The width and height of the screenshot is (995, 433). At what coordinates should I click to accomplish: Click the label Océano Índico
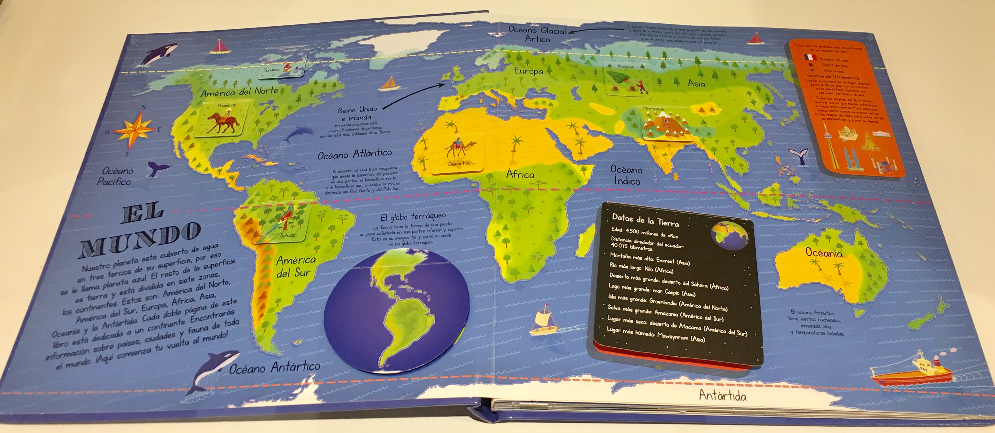coord(626,175)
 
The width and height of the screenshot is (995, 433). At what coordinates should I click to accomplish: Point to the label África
coord(520,175)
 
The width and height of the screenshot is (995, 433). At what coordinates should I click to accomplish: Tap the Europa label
coord(528,71)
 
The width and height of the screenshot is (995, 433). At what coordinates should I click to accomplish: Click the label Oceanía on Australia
coord(824,253)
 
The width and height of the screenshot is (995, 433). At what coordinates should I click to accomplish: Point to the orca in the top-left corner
coord(159,54)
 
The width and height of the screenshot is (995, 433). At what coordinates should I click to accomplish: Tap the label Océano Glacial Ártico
coord(537,34)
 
